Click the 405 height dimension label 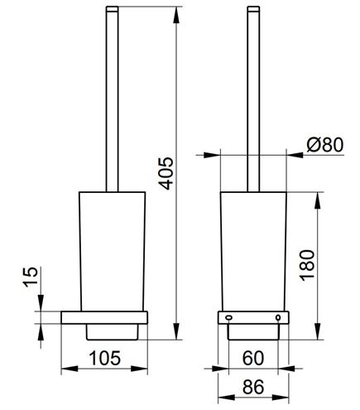pyautogui.click(x=167, y=173)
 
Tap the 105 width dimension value pyautogui.click(x=105, y=358)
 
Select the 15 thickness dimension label pyautogui.click(x=31, y=277)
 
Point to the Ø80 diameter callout pyautogui.click(x=325, y=145)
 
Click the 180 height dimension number pyautogui.click(x=308, y=265)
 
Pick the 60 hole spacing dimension pyautogui.click(x=253, y=358)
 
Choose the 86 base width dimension pyautogui.click(x=253, y=387)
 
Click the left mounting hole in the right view pyautogui.click(x=228, y=318)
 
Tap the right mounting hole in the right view pyautogui.click(x=278, y=318)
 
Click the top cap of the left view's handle pyautogui.click(x=112, y=9)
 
